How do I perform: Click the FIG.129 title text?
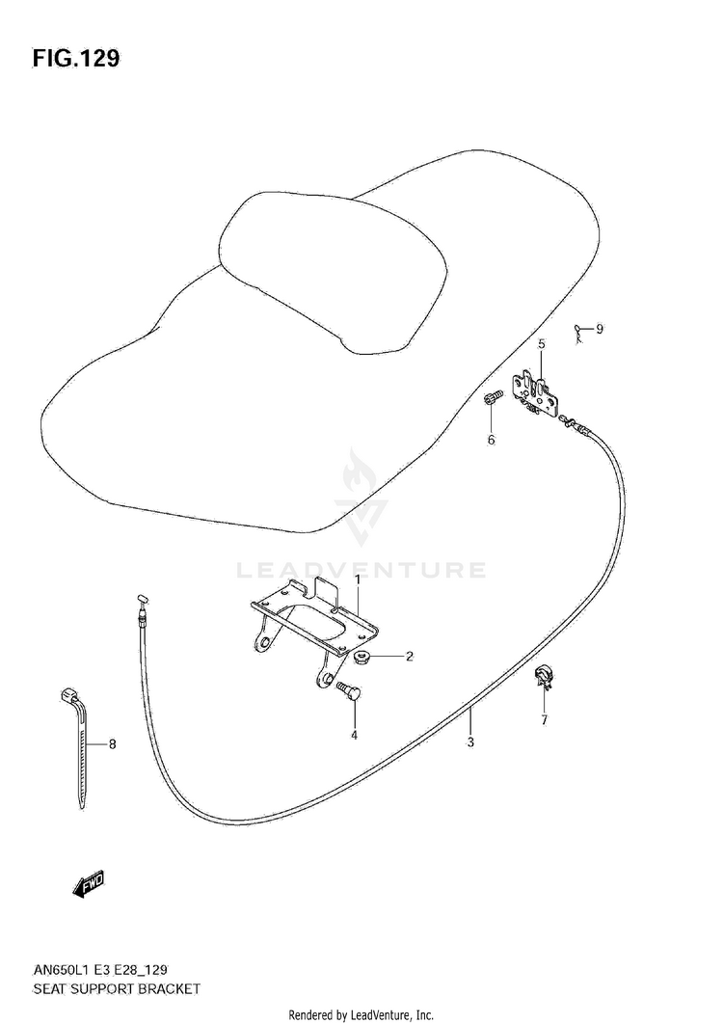[x=76, y=59]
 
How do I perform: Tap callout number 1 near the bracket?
[x=356, y=579]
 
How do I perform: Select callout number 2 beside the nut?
[x=409, y=657]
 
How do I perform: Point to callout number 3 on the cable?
[x=469, y=741]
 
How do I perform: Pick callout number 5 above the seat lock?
[x=541, y=343]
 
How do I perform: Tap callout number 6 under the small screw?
[x=490, y=440]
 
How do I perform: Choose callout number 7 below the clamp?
[x=543, y=719]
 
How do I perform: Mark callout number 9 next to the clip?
[x=599, y=330]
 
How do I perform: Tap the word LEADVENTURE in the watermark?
[x=361, y=570]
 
